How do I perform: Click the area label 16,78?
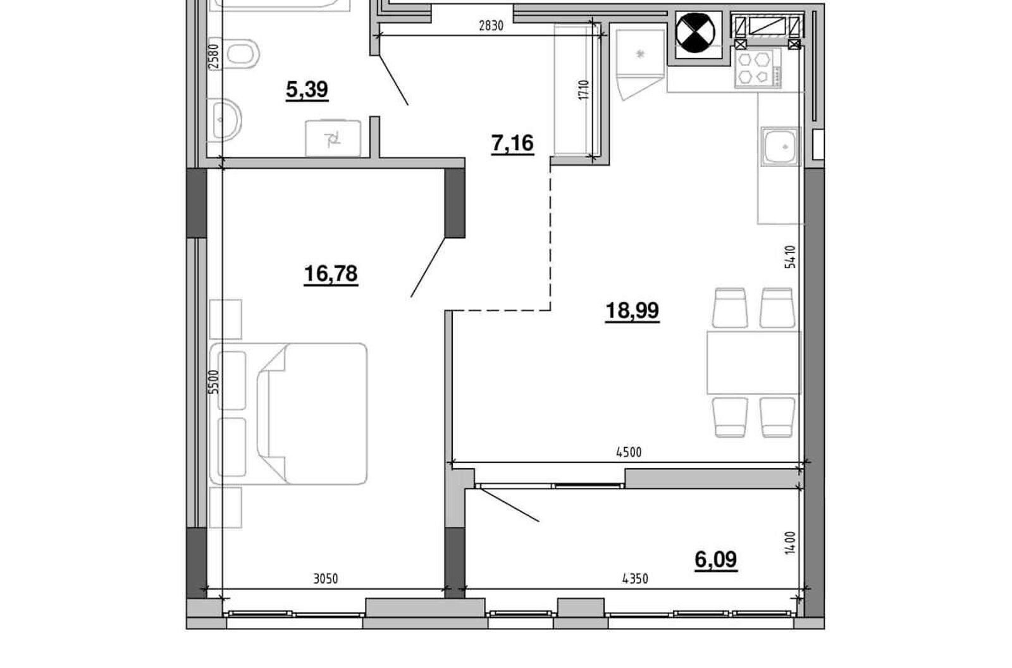(x=331, y=275)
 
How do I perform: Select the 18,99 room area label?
(x=632, y=311)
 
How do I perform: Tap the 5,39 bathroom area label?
(x=307, y=90)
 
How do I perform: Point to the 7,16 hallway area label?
(x=512, y=144)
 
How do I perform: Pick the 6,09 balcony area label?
(x=715, y=560)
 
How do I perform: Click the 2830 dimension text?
(x=491, y=26)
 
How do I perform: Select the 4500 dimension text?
(x=629, y=452)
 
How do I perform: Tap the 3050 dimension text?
(x=326, y=579)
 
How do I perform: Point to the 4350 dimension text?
(x=635, y=579)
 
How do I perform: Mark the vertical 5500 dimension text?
(x=214, y=382)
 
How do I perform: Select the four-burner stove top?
(x=758, y=68)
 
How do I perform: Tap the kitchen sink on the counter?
(x=781, y=146)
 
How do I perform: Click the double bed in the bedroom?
(x=288, y=414)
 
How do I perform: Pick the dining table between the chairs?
(x=753, y=362)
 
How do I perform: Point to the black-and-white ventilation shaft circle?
(x=696, y=33)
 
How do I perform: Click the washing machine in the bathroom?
(x=333, y=139)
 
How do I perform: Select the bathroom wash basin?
(x=225, y=120)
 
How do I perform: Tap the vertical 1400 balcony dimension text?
(x=789, y=543)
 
